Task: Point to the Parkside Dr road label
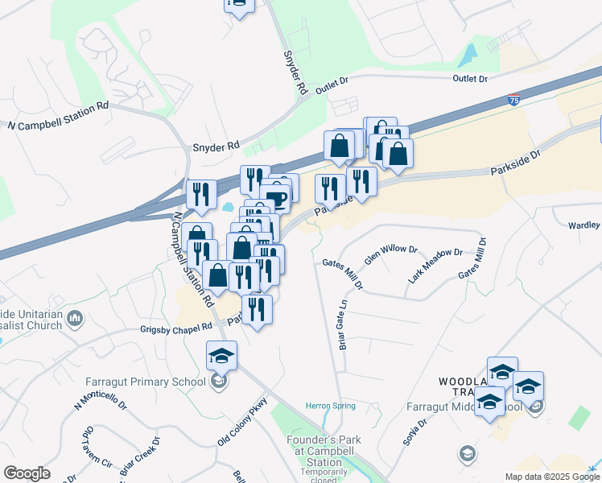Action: click(x=515, y=163)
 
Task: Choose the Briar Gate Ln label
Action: click(x=342, y=325)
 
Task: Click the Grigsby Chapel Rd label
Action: click(x=175, y=327)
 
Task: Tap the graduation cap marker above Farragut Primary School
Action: click(x=222, y=354)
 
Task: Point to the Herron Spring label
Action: click(x=330, y=406)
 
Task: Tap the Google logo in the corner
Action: click(x=27, y=473)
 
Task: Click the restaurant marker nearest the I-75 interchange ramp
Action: click(x=200, y=193)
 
